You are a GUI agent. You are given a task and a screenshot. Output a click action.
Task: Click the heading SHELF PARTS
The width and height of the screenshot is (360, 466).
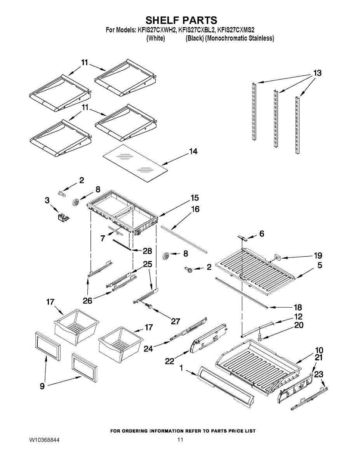coord(181,20)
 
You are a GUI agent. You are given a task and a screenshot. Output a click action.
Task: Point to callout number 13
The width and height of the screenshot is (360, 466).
coord(317,73)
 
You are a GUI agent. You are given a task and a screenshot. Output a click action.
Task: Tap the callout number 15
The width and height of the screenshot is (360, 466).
coord(195,198)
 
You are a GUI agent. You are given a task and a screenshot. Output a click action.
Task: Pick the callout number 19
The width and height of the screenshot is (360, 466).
coord(318,256)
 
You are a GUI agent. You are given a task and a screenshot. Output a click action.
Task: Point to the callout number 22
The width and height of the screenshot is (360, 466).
coord(169,361)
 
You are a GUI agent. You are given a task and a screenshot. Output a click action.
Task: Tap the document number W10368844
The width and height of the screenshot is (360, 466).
coord(44,440)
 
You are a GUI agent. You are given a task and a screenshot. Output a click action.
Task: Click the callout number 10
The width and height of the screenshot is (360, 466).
coord(319,350)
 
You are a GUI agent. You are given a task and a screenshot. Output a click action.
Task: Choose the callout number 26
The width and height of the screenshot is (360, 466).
coord(87,300)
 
